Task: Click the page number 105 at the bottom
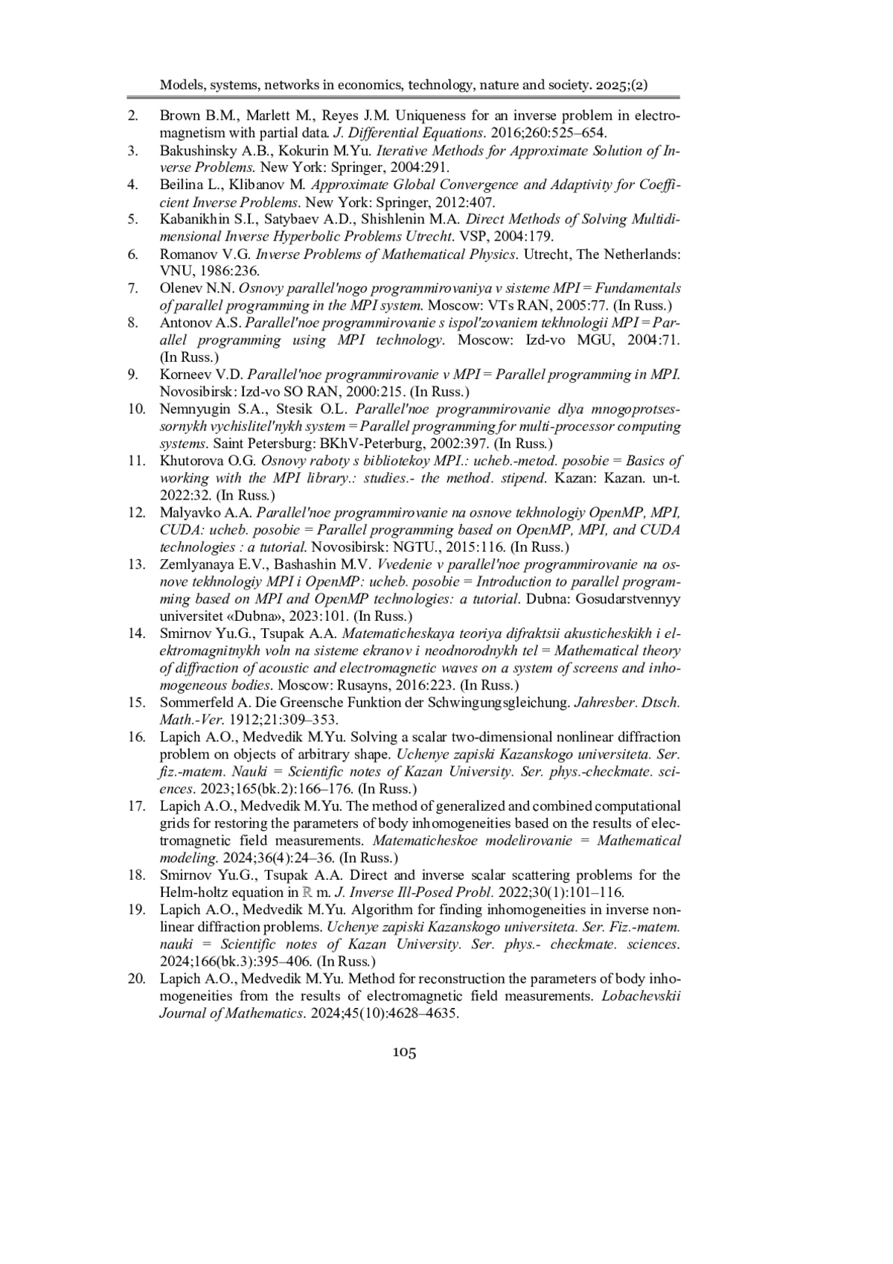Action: click(x=404, y=1052)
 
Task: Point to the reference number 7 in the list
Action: click(x=133, y=288)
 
